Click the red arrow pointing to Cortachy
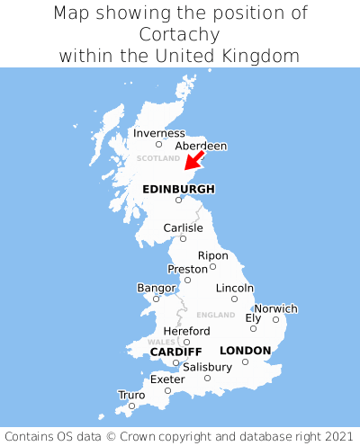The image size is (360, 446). [x=193, y=160]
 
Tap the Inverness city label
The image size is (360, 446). [x=158, y=133]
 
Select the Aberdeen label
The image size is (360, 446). [x=201, y=146]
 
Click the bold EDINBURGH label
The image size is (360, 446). [x=178, y=189]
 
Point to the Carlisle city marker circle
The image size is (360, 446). [x=183, y=238]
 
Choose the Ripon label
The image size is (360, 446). [x=213, y=255]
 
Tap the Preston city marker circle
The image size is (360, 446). [x=187, y=280]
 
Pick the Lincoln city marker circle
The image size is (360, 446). [x=234, y=299]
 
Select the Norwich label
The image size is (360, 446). [x=275, y=308]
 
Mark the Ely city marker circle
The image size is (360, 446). [x=253, y=328]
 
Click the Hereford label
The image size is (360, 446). [x=186, y=331]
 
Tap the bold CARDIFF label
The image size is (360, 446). [x=175, y=351]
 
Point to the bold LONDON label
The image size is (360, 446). [x=245, y=350]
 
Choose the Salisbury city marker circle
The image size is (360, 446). [x=207, y=378]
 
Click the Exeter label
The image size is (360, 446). [x=167, y=379]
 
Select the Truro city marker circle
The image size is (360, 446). [x=131, y=406]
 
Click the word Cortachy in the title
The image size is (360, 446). [x=180, y=34]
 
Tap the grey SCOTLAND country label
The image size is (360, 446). [x=158, y=158]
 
